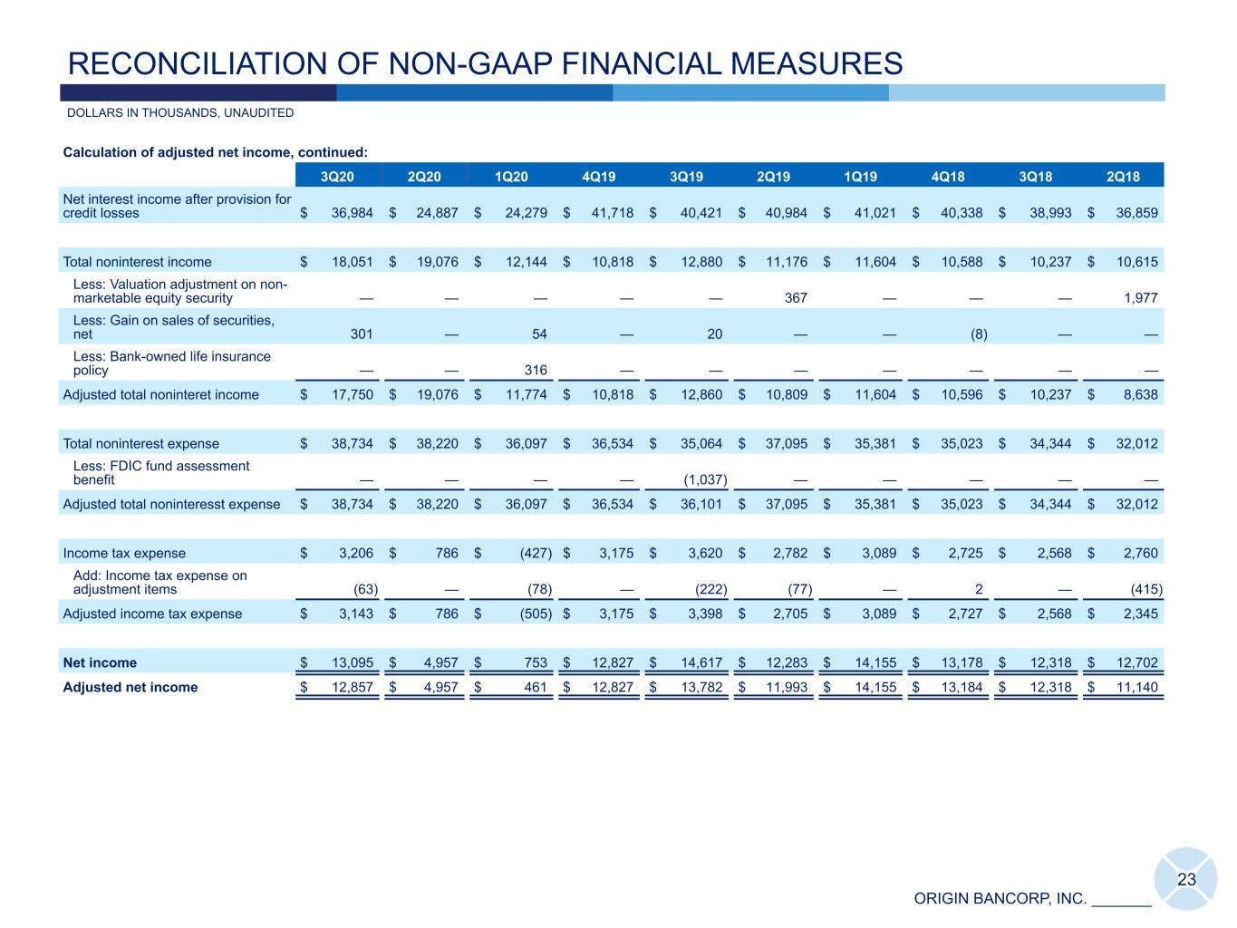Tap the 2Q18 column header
point(1123,177)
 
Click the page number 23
point(1186,879)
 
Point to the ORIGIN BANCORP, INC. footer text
point(1000,899)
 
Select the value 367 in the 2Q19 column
point(795,298)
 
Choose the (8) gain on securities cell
point(979,333)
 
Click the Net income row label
point(100,662)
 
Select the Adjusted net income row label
point(130,687)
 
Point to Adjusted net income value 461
point(536,687)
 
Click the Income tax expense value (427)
point(532,553)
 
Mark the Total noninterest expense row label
point(140,443)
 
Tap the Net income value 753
point(536,662)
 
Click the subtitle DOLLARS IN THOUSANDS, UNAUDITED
point(180,113)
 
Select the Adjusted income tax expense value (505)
point(532,614)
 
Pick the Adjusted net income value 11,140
point(1136,687)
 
